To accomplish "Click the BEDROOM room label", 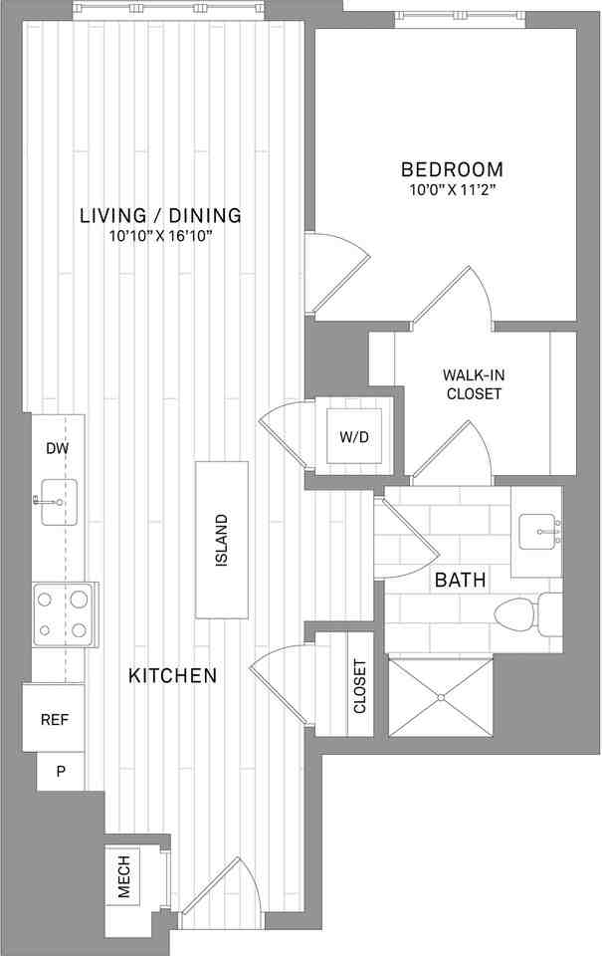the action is pos(452,169).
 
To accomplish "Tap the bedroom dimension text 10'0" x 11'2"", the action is pos(452,190).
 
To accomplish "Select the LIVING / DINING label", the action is pos(161,215).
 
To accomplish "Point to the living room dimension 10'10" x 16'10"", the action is pos(161,236).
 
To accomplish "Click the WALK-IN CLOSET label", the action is pos(474,384).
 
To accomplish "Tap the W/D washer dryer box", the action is pos(354,436).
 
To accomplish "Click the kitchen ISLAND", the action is pos(222,540).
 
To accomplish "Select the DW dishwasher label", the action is pos(58,449).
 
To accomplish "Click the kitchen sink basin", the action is pos(59,502).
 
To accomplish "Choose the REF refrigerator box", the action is pos(54,718).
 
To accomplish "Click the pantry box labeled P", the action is pos(61,771).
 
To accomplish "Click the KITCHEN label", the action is pos(172,675).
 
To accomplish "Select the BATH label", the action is pos(460,580).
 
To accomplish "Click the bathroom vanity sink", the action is pos(539,532).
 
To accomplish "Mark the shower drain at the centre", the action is pos(440,697).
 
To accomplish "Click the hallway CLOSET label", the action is pos(360,686).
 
